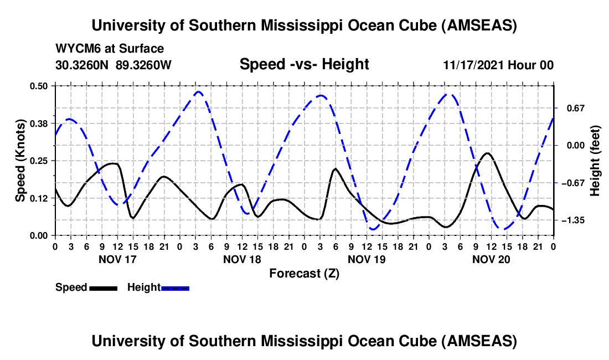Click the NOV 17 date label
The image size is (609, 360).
click(117, 259)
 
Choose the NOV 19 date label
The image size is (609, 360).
click(366, 259)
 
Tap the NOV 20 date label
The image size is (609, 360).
click(491, 259)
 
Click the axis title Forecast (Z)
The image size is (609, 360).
click(304, 273)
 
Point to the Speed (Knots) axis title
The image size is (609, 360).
click(20, 161)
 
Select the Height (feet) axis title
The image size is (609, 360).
click(596, 161)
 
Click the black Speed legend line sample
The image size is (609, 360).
click(103, 288)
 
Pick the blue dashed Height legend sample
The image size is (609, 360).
click(176, 288)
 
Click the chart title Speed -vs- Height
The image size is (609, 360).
click(304, 64)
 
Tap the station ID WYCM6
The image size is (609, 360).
click(75, 49)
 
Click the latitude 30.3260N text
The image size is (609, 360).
click(83, 65)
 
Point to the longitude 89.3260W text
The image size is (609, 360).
click(144, 65)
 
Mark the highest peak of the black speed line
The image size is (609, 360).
click(487, 153)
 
